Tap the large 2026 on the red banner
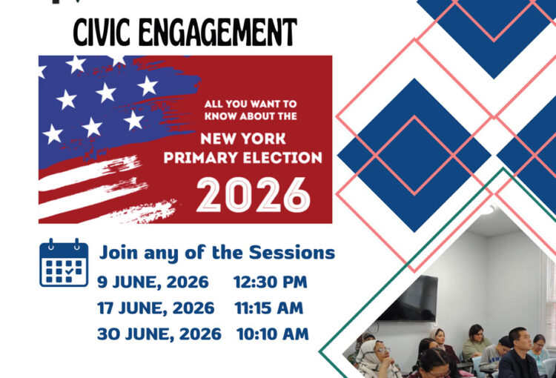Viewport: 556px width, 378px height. [254, 195]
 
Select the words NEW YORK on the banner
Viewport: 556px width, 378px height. [243, 139]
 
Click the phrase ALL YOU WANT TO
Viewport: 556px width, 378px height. [251, 104]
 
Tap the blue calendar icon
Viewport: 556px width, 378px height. [64, 262]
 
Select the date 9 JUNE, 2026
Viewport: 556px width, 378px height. [153, 282]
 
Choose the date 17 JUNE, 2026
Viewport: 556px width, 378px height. [156, 308]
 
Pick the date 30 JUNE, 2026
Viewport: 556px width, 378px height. [159, 334]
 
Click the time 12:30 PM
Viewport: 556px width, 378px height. [270, 282]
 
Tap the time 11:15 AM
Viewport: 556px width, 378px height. [269, 308]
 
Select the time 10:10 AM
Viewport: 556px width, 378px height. [273, 334]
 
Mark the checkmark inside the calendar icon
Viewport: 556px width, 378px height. [69, 271]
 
